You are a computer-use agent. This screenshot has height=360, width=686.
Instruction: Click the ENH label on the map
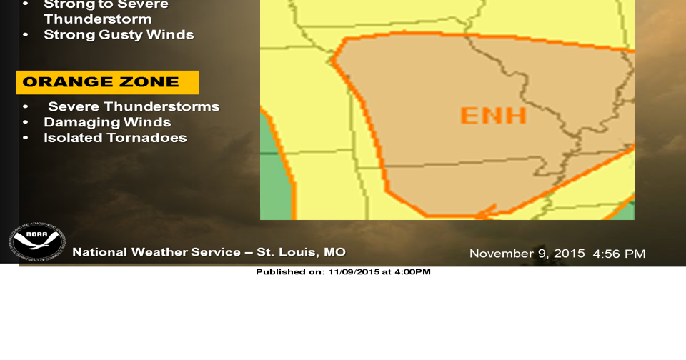493,115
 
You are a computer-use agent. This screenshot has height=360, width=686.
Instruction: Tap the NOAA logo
37,242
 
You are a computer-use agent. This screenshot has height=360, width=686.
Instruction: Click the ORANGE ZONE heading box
108,82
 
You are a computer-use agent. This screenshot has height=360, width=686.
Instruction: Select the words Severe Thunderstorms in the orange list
134,106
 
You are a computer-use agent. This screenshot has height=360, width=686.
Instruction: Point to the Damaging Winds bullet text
107,122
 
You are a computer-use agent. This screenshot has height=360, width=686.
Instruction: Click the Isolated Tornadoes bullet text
115,138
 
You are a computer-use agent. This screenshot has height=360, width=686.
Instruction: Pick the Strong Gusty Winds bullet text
119,34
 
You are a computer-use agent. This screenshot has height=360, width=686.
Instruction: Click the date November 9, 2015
527,254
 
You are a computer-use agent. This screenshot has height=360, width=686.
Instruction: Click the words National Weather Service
156,252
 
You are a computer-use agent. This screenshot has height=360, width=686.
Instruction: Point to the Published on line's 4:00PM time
414,272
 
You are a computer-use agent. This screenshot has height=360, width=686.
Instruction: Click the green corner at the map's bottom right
627,211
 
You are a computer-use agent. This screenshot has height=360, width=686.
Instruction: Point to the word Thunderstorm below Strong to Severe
98,19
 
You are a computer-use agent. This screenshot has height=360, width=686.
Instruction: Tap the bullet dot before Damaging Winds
26,122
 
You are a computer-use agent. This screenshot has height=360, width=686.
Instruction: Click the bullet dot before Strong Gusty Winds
26,34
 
